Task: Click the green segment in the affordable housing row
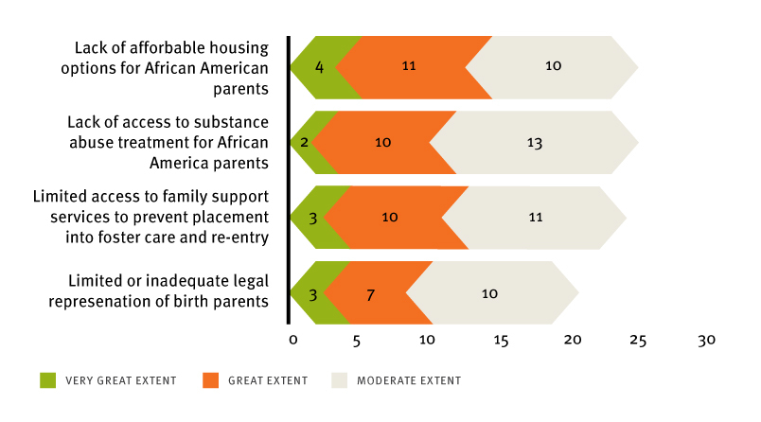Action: tap(319, 67)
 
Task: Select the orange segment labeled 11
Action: tap(409, 67)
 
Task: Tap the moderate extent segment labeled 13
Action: tap(534, 142)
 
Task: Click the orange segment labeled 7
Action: tap(371, 293)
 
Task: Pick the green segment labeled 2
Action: tap(304, 142)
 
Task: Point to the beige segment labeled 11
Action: tap(535, 218)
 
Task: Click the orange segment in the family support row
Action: tap(389, 218)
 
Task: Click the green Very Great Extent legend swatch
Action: tap(48, 380)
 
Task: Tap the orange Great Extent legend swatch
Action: tap(210, 380)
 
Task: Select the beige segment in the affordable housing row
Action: tap(554, 67)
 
